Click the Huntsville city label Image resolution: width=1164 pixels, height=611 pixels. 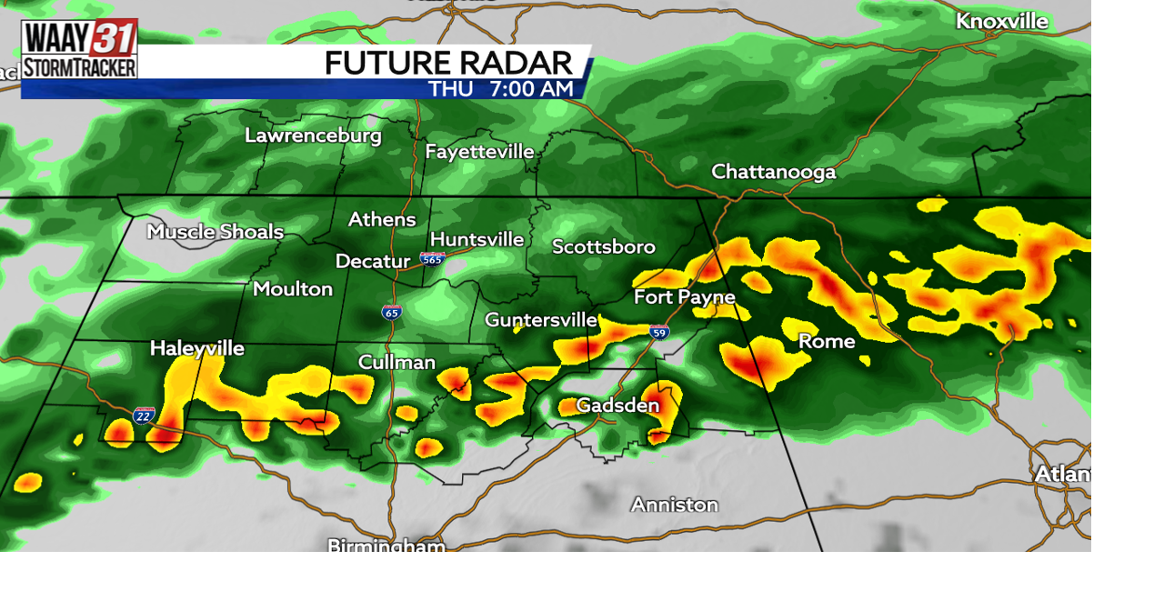[477, 239]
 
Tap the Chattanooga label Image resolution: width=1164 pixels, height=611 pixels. [773, 172]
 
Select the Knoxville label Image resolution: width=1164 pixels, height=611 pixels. [1001, 21]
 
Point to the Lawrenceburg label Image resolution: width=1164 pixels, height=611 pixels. [313, 136]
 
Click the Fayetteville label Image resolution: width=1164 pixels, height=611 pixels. [479, 152]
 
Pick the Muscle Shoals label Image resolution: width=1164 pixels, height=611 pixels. [216, 232]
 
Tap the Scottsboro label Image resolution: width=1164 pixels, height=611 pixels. [603, 246]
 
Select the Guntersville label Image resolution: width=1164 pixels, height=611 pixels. [540, 320]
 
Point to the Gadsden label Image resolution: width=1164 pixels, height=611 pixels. [617, 406]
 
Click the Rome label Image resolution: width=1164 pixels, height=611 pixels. [826, 342]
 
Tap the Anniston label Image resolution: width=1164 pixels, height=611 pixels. [674, 505]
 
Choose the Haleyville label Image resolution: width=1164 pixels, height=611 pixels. [196, 348]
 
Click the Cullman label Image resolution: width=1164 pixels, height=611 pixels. [396, 362]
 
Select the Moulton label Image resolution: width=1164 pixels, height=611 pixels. [293, 289]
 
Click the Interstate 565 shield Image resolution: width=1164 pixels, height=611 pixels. [432, 259]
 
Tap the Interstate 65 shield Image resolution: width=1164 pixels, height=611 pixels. [391, 312]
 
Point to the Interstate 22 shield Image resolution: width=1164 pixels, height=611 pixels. [143, 416]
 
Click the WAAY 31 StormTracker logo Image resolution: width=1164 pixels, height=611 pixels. [79, 49]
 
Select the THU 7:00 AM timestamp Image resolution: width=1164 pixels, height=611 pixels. [501, 89]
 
